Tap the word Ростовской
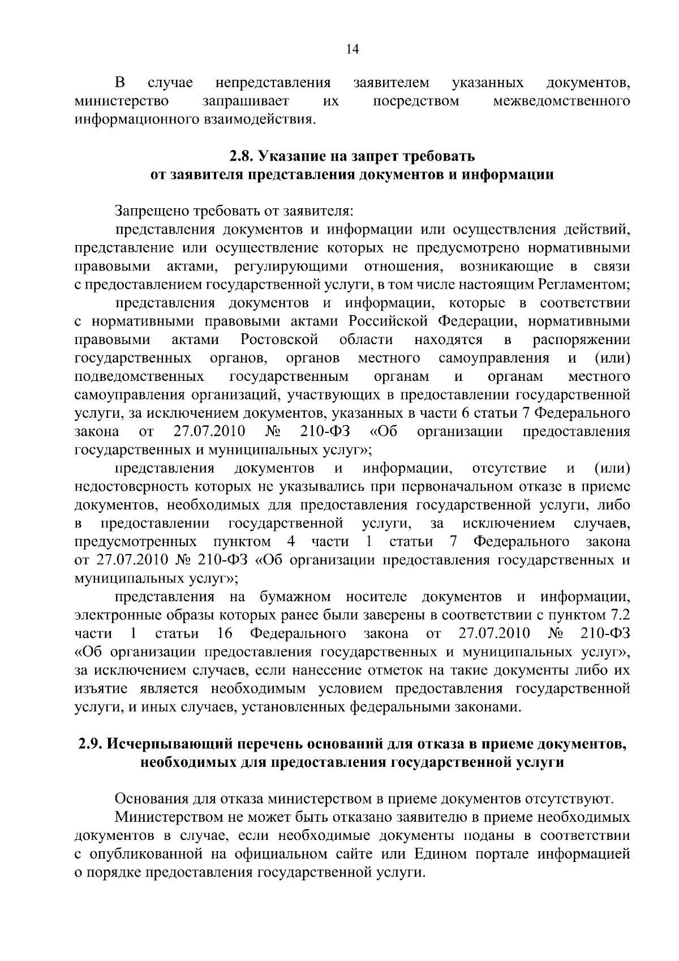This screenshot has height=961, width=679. pyautogui.click(x=280, y=340)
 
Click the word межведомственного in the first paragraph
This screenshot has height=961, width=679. pyautogui.click(x=561, y=101)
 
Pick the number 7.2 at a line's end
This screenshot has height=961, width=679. pyautogui.click(x=618, y=615)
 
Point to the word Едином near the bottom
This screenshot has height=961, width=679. pyautogui.click(x=440, y=853)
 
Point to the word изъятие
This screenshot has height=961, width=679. pyautogui.click(x=101, y=689)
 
